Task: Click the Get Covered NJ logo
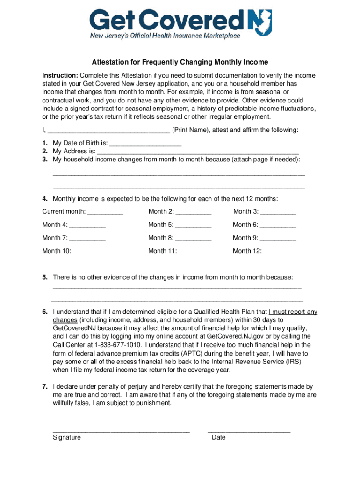[180, 21]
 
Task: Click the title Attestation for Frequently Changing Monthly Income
[180, 62]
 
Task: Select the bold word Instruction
[60, 75]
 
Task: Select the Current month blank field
[105, 212]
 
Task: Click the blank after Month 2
[194, 212]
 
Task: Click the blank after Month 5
[194, 225]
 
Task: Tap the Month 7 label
[54, 238]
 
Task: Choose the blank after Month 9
[278, 238]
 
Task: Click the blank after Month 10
[91, 251]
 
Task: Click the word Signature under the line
[67, 437]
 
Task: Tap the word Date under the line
[218, 437]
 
